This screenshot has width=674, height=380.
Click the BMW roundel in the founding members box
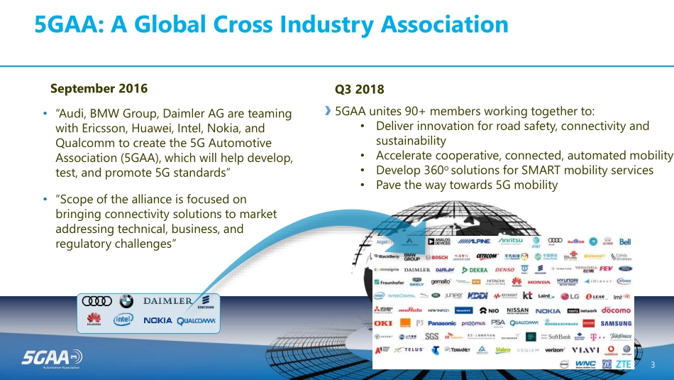click(x=126, y=301)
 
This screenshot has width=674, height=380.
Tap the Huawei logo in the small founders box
click(x=94, y=320)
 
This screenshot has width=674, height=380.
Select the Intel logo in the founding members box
click(x=123, y=320)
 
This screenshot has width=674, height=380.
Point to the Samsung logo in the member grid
click(x=616, y=323)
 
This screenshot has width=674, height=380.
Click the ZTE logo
click(x=623, y=364)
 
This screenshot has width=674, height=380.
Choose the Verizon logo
click(x=555, y=350)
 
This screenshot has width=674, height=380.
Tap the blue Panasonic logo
click(x=442, y=323)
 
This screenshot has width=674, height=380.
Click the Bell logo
click(x=625, y=241)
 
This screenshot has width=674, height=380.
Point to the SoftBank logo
click(x=560, y=337)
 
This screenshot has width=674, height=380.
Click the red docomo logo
click(x=616, y=310)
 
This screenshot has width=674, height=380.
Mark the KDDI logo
click(x=477, y=295)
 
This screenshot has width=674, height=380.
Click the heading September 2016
click(x=99, y=89)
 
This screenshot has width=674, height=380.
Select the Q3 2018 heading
click(x=359, y=89)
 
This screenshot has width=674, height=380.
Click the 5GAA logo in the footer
click(x=43, y=357)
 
